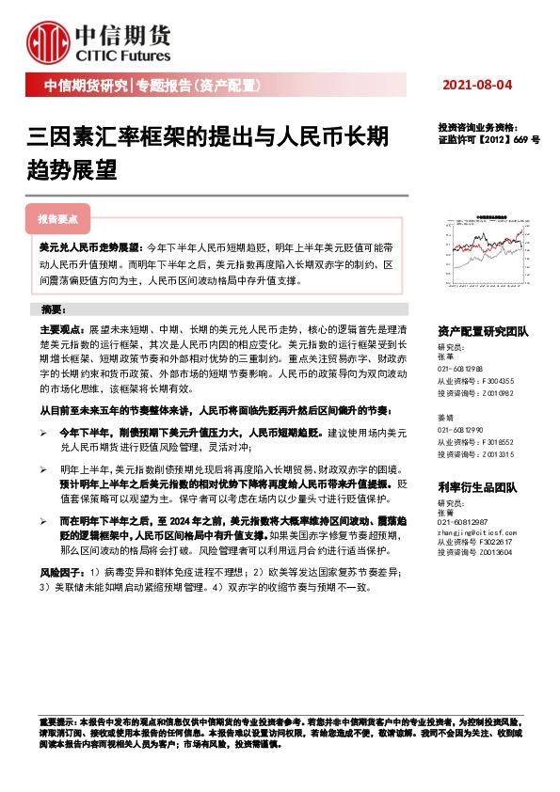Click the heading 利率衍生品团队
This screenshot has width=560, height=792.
point(478,487)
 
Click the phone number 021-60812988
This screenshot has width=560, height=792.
point(461,370)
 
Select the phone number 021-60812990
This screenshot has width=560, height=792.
point(461,428)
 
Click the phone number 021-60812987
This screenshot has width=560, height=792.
point(461,521)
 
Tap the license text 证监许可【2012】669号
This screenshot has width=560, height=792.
point(488,139)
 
